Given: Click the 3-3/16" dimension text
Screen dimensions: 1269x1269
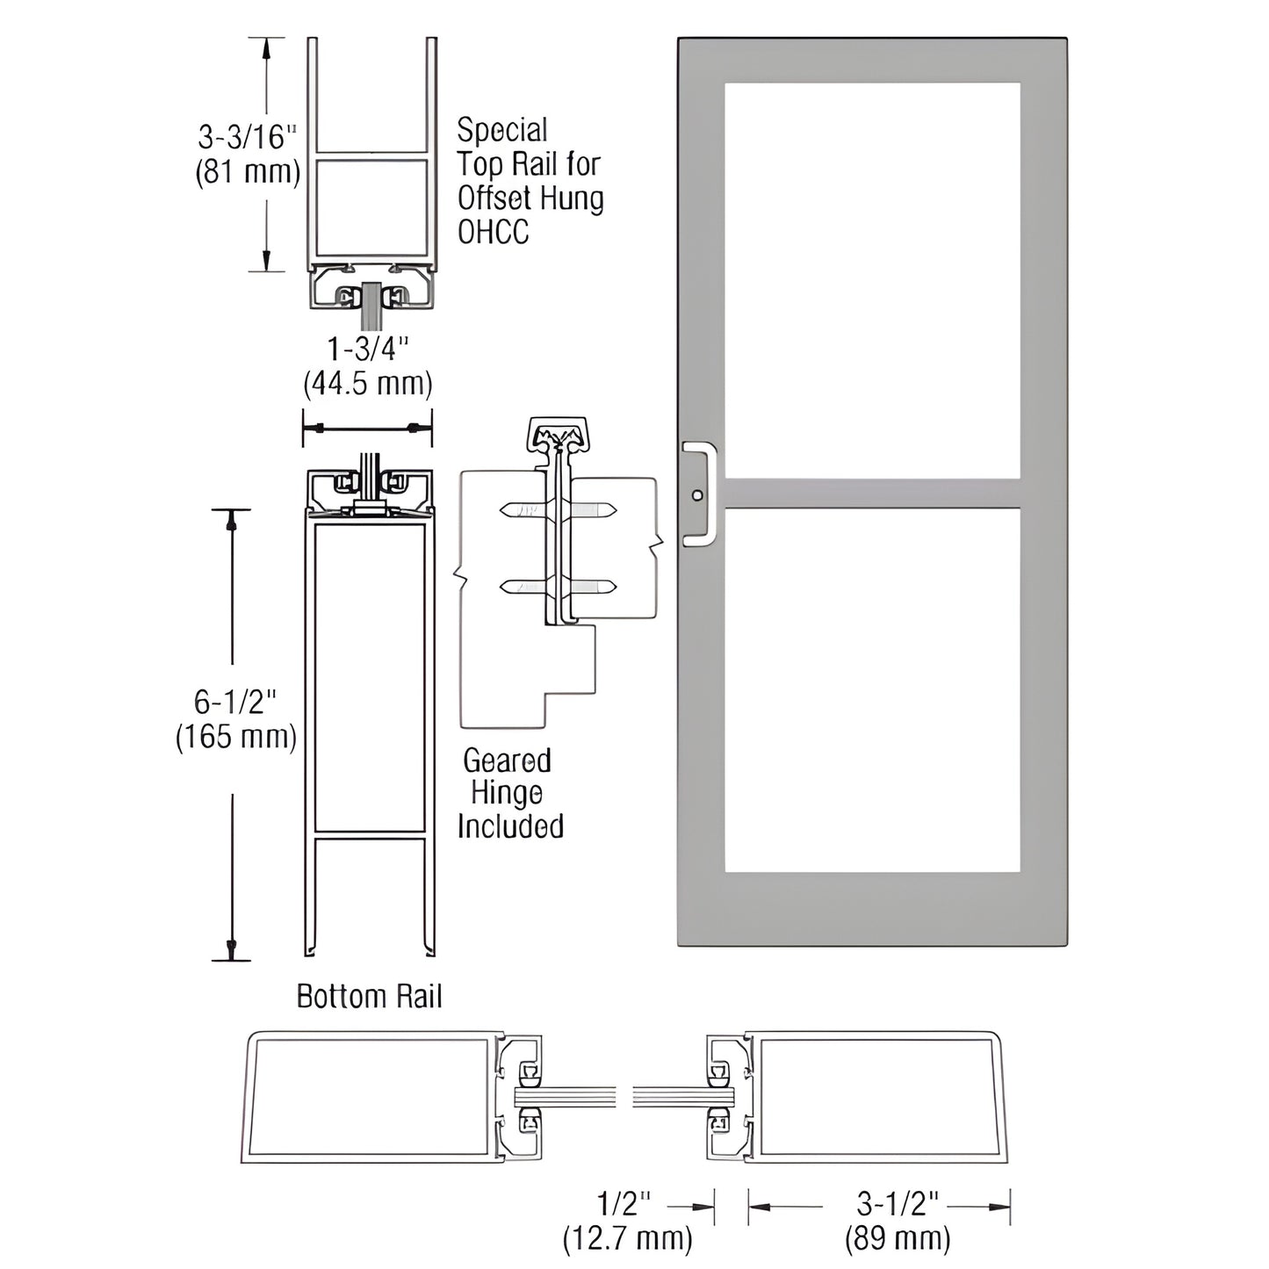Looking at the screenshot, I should pyautogui.click(x=247, y=137).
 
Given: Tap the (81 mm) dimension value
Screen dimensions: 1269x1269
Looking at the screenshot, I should pyautogui.click(x=247, y=171).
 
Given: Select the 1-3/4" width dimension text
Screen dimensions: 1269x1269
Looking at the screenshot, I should pyautogui.click(x=368, y=350).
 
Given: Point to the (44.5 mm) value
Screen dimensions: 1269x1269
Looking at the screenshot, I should pyautogui.click(x=368, y=384).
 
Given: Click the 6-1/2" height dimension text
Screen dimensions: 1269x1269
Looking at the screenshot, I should pyautogui.click(x=235, y=702).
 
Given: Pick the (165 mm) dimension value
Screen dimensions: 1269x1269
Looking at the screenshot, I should pyautogui.click(x=235, y=736).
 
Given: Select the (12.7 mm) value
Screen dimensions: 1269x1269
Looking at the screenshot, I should pyautogui.click(x=627, y=1238).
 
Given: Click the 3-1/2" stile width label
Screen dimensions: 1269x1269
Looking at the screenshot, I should pyautogui.click(x=898, y=1203).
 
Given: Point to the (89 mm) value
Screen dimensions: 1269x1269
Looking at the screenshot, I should pyautogui.click(x=898, y=1238).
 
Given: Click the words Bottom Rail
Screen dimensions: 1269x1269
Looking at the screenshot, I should pyautogui.click(x=369, y=997).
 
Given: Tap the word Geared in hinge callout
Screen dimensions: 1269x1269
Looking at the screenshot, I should pyautogui.click(x=507, y=760).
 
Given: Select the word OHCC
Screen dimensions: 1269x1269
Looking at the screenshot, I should pyautogui.click(x=493, y=232).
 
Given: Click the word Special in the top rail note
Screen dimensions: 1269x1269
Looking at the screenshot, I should pyautogui.click(x=501, y=131).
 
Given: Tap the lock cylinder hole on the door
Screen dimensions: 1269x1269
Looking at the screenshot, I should pyautogui.click(x=697, y=495).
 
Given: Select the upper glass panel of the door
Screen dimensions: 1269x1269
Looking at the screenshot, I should pyautogui.click(x=872, y=281).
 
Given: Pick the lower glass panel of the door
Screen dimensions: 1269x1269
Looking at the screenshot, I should pyautogui.click(x=872, y=689).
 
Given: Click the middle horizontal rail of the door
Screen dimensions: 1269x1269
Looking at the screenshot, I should pyautogui.click(x=872, y=494).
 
